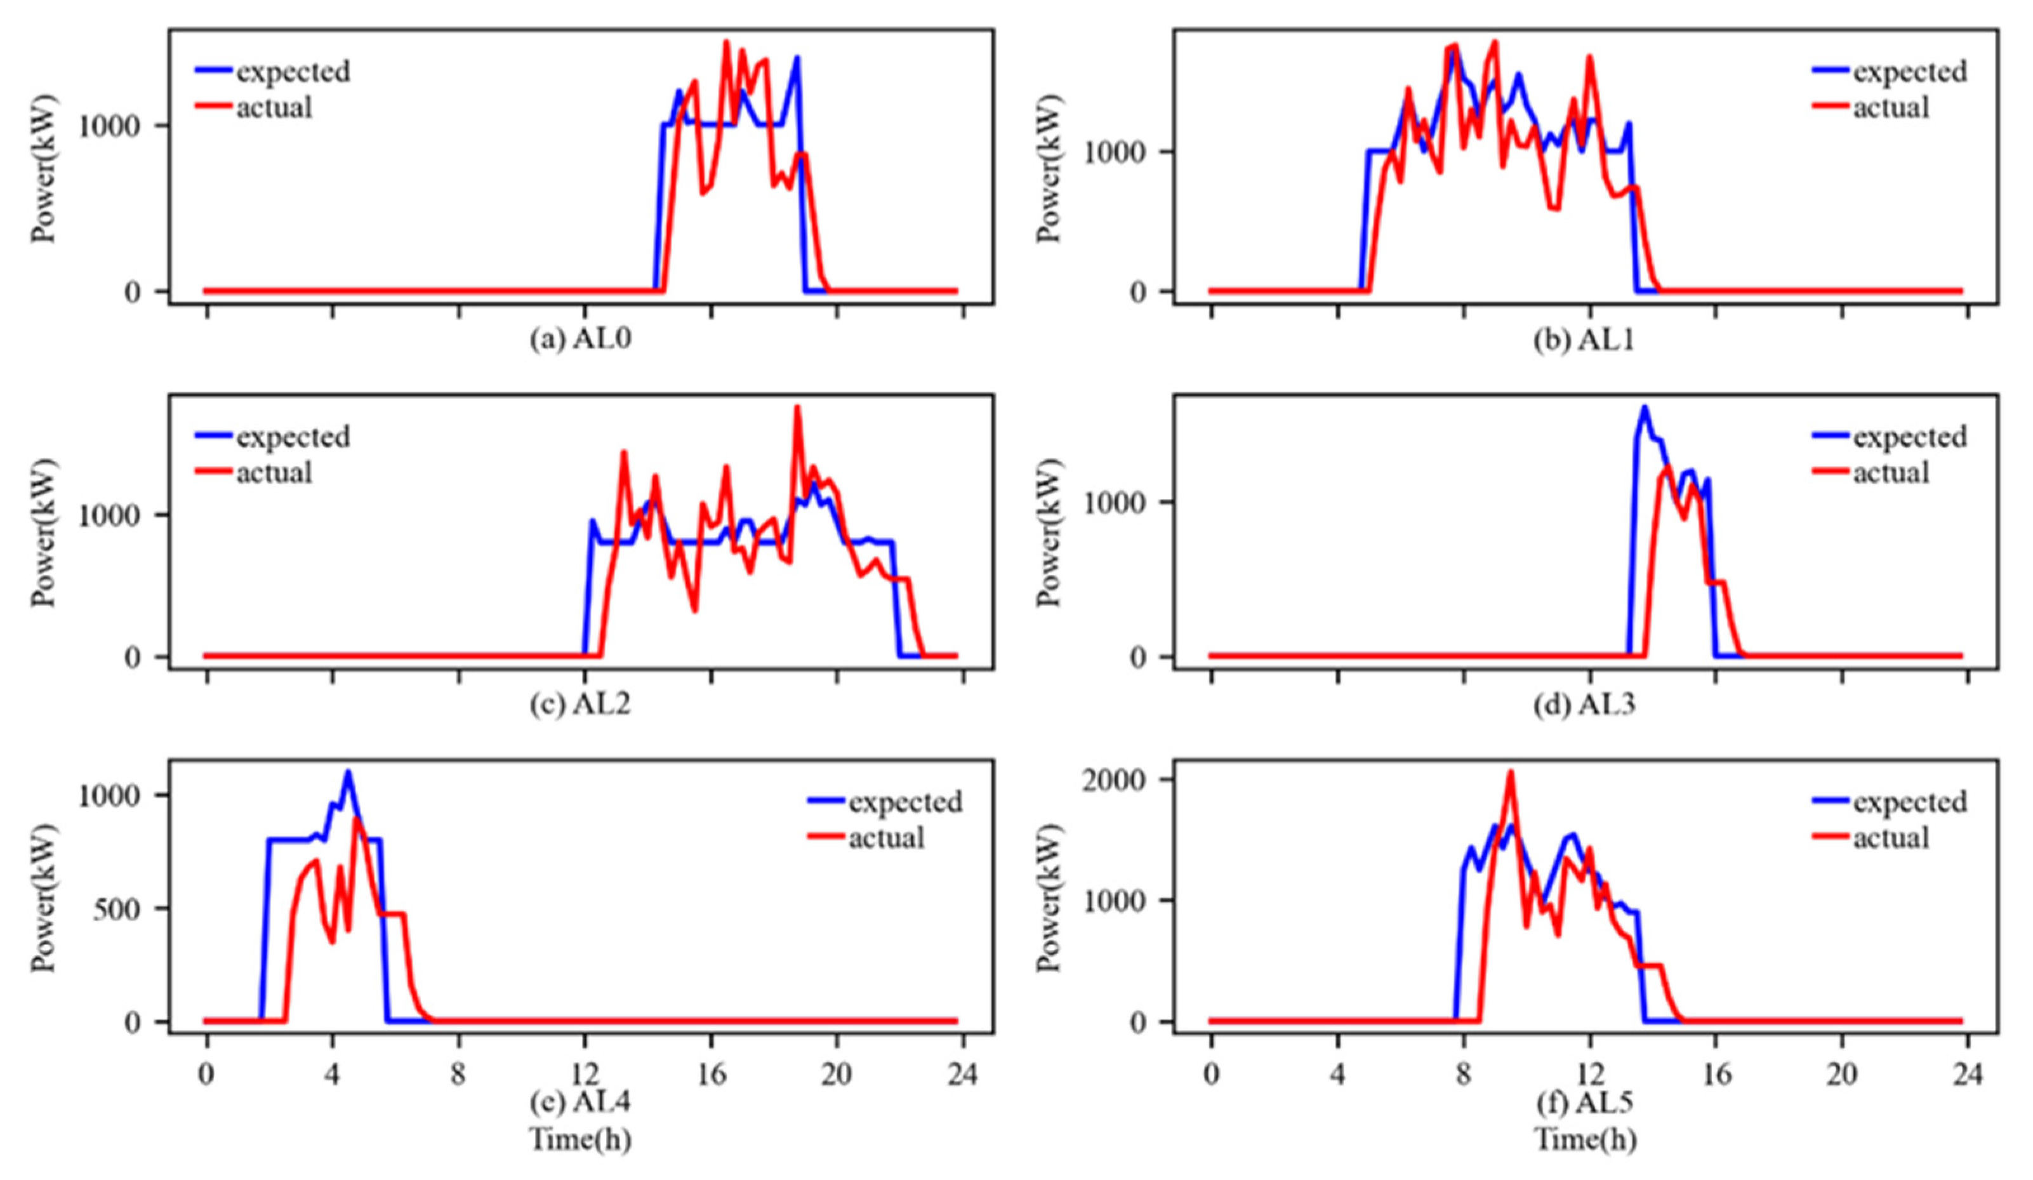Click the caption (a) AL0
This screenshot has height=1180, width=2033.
580,340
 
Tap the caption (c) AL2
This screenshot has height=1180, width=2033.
580,704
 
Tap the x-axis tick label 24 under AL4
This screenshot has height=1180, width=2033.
964,1075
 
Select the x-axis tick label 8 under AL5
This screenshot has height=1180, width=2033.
1462,1075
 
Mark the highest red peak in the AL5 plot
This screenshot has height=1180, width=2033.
1510,772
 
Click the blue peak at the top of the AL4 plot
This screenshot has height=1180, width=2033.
348,772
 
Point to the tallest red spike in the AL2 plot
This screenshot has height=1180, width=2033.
797,408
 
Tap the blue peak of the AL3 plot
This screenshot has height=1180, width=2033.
1644,408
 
